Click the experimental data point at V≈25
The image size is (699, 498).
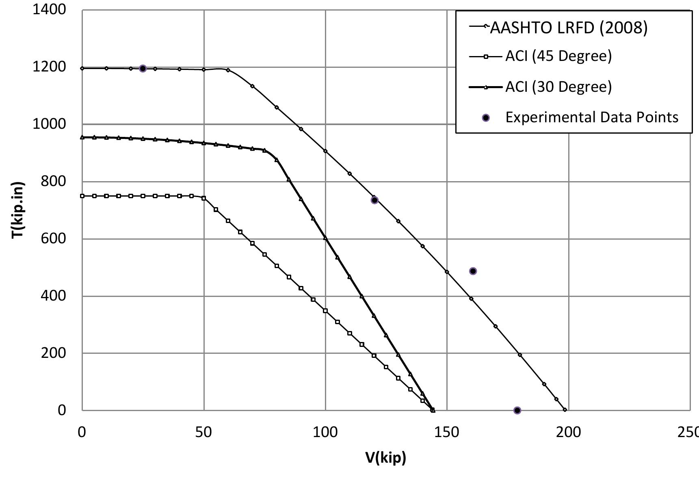(x=143, y=68)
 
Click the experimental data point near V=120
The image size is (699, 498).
(x=374, y=200)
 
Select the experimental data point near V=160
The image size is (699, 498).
(x=473, y=271)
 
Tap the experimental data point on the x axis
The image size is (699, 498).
(x=517, y=410)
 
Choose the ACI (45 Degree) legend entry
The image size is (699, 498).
(x=558, y=56)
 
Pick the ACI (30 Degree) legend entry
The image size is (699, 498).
(x=558, y=87)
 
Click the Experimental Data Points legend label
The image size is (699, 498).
(x=592, y=117)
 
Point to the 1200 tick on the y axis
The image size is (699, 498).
(x=49, y=67)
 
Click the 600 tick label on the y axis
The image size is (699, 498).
(x=53, y=238)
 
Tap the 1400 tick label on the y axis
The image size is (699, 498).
(x=49, y=9)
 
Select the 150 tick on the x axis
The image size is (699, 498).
(x=447, y=432)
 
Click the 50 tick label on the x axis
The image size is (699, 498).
(x=203, y=432)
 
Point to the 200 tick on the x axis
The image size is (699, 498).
(x=568, y=432)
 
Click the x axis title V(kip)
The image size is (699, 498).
(x=385, y=457)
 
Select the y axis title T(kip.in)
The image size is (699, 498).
(x=18, y=210)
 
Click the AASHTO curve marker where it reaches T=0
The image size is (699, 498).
(x=565, y=410)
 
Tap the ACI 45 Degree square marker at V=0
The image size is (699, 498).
(x=82, y=196)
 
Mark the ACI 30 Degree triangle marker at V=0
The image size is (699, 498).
(x=82, y=137)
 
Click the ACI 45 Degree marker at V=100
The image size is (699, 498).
(x=325, y=311)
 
